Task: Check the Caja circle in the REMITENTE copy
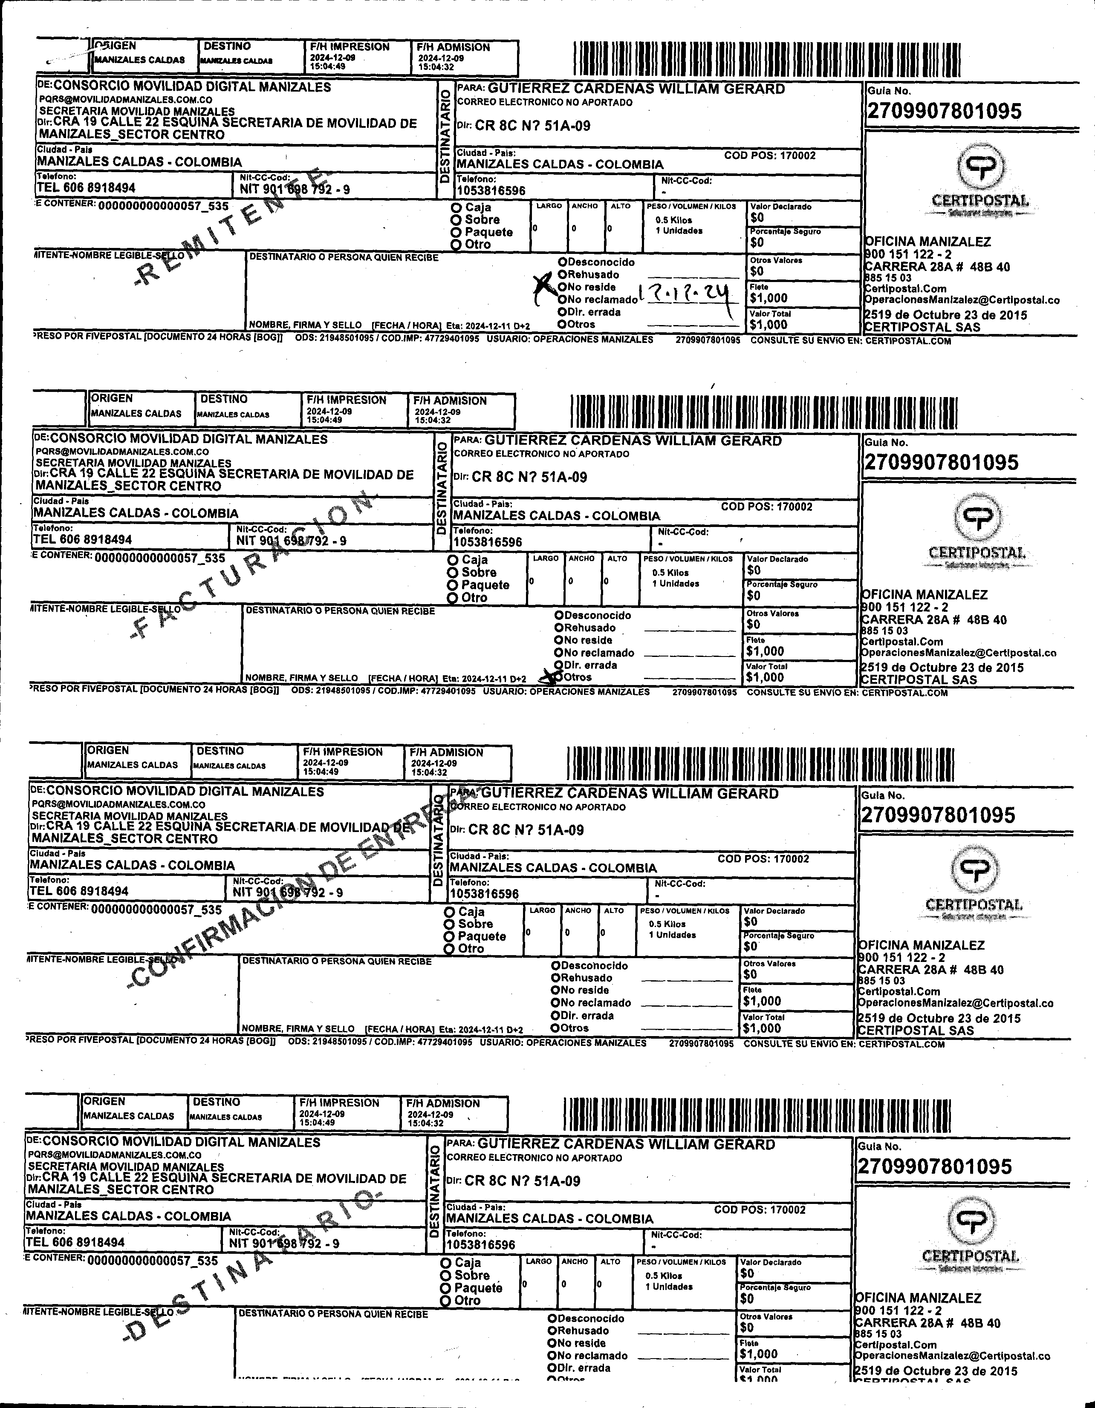point(456,207)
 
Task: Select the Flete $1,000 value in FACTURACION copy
point(766,651)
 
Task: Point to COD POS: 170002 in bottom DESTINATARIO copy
point(760,1209)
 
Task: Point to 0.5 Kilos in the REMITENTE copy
point(673,220)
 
